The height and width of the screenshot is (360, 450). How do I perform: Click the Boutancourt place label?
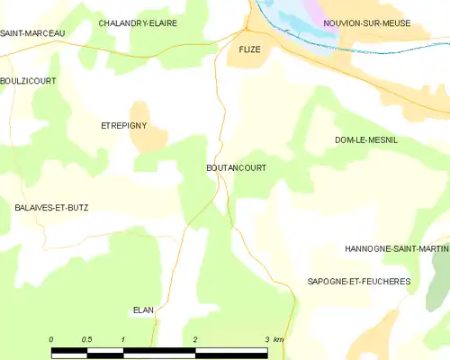point(236,168)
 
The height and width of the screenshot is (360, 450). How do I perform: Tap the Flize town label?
point(249,50)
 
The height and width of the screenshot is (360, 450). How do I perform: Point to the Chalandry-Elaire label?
point(138,22)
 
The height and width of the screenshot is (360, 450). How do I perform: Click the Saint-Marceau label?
point(32,33)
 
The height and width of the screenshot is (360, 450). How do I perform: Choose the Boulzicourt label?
point(28,81)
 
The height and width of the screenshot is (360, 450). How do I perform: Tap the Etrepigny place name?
point(123,126)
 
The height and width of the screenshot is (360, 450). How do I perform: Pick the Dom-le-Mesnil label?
point(365,140)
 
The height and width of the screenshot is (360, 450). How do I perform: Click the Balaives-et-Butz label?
point(51,207)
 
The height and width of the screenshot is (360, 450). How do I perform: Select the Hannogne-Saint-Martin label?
point(396,248)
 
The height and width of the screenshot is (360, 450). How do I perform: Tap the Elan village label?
point(144,310)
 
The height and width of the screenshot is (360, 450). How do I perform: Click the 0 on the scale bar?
point(51,339)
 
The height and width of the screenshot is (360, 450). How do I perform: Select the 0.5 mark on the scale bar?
point(86,339)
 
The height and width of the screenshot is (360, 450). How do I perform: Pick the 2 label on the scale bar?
point(195,339)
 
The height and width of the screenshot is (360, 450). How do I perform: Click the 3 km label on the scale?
point(274,339)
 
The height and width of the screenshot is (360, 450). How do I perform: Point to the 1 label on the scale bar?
point(122,339)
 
